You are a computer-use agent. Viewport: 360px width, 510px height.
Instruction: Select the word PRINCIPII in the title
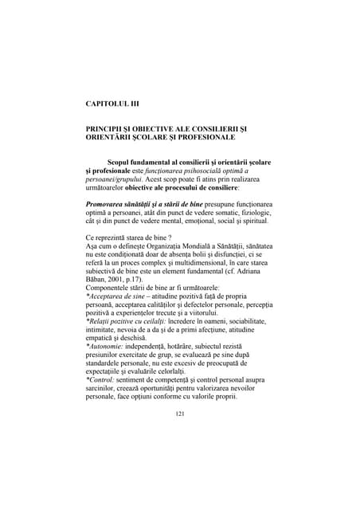point(107,128)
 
